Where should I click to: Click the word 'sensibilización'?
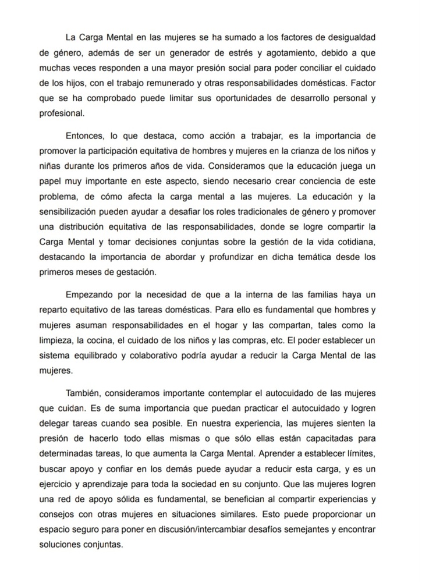pos(69,212)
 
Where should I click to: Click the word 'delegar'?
pos(54,424)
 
